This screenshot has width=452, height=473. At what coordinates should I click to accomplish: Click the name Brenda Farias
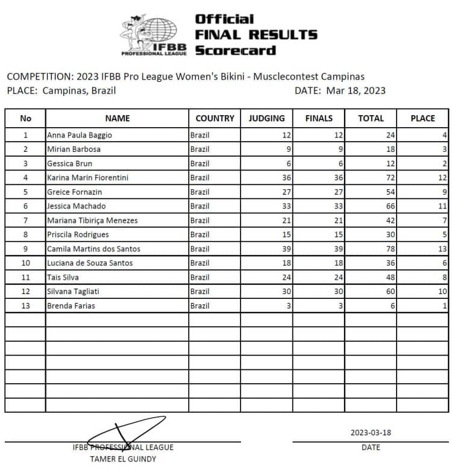click(x=71, y=306)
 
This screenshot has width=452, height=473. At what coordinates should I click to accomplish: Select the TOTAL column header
click(x=371, y=119)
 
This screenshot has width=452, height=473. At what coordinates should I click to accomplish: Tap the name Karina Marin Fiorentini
click(x=87, y=178)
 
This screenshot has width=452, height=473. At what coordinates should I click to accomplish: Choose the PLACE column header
click(x=422, y=119)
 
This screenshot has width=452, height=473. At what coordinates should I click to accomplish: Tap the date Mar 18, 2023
click(x=356, y=91)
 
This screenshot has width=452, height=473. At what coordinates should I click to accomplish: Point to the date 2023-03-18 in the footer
click(x=371, y=433)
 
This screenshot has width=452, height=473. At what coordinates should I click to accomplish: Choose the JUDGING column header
click(x=266, y=119)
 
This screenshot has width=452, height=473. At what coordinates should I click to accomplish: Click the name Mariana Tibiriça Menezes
click(x=92, y=221)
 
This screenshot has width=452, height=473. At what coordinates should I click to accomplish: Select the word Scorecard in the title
click(x=235, y=50)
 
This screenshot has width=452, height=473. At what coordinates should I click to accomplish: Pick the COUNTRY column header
click(x=215, y=119)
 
